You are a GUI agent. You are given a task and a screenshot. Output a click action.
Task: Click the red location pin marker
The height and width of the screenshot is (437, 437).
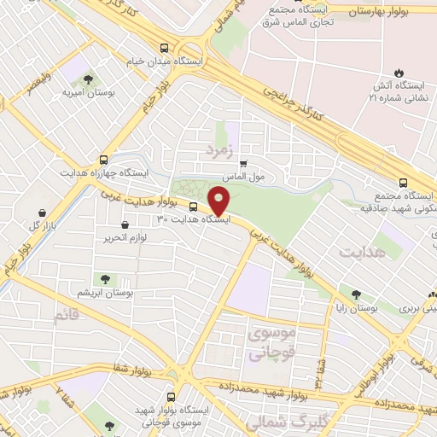click(219, 201)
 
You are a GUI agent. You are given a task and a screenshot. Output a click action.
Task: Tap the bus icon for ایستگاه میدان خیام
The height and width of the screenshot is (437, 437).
click(163, 49)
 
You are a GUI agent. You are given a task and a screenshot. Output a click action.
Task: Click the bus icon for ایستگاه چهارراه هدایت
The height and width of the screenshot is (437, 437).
click(104, 159)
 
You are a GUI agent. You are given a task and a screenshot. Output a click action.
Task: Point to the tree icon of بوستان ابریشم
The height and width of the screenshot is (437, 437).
click(106, 278)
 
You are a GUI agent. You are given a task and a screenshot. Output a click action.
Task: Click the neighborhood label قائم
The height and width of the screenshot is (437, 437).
click(67, 318)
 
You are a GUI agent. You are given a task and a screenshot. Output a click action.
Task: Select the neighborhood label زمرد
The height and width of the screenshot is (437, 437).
click(218, 150)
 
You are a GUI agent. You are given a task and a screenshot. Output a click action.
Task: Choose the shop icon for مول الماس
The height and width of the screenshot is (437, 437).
click(243, 163)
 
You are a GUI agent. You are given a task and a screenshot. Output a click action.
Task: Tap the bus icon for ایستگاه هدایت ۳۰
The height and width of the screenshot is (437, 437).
click(192, 207)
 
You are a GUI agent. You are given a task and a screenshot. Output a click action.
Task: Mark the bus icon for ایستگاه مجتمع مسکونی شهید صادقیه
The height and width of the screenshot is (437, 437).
click(405, 182)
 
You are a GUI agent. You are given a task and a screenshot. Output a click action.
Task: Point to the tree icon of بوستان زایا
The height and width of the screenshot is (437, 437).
click(344, 294)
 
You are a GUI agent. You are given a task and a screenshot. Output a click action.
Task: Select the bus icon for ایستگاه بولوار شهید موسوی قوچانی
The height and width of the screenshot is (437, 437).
click(171, 396)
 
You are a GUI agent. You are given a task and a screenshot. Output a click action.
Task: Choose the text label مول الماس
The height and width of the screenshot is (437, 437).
click(246, 176)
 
